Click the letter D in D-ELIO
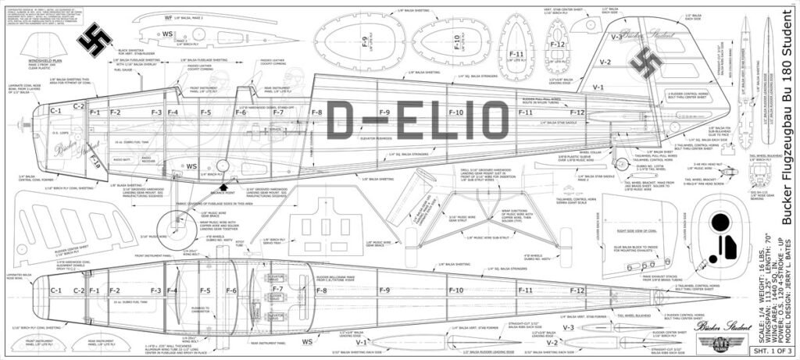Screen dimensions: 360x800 click(x=342, y=121)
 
